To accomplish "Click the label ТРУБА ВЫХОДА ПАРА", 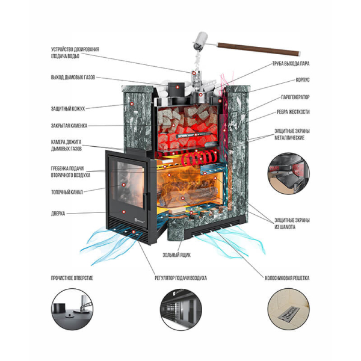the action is tap(291, 64).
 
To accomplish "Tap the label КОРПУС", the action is tap(303, 80).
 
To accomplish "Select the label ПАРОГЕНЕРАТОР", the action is tap(295, 97).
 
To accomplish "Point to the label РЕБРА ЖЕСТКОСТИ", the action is tap(293, 112).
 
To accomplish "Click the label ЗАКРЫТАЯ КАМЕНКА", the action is tap(69, 126).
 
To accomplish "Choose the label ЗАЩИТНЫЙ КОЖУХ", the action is tap(68, 109).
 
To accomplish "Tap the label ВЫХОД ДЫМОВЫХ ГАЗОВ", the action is tap(73, 78).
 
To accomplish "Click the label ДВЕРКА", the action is tap(58, 214).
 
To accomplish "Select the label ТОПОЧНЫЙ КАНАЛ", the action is tap(67, 192).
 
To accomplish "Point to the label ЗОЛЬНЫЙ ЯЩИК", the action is tap(176, 255).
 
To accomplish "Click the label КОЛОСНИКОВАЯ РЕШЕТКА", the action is tap(287, 278).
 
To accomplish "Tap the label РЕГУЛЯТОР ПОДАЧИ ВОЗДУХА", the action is tap(180, 278).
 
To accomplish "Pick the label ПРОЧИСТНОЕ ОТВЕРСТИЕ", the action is tap(72, 278).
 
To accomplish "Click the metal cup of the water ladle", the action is tap(200, 41).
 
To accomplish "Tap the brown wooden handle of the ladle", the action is tap(259, 49).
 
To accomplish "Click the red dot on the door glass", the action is tap(123, 185).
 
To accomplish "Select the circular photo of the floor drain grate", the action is tap(289, 309).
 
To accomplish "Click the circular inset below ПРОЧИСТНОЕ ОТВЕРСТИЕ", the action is tap(72, 309).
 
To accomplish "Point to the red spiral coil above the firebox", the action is tap(199, 158).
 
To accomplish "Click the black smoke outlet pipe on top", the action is tap(176, 88).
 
